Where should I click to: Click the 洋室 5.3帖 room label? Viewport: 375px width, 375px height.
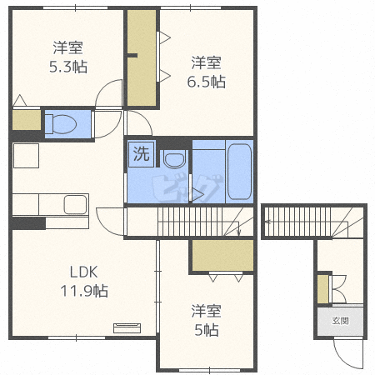click(x=68, y=57)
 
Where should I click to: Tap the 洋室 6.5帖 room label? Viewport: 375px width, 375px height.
click(x=206, y=72)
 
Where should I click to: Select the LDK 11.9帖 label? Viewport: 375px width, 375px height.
click(x=84, y=282)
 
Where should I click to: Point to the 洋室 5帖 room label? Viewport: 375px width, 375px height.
click(x=206, y=320)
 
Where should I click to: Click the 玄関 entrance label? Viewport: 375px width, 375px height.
click(x=340, y=321)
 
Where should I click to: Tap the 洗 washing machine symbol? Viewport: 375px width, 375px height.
click(x=141, y=154)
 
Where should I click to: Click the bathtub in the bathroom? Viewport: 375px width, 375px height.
click(x=239, y=172)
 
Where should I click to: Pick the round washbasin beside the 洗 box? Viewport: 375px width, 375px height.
click(x=174, y=159)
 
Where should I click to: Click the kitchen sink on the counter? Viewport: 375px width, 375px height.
click(x=76, y=205)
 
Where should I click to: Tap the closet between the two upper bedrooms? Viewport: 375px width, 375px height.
click(x=142, y=57)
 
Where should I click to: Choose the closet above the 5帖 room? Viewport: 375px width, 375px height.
click(x=222, y=255)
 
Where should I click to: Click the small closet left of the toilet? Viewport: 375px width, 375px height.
click(x=27, y=120)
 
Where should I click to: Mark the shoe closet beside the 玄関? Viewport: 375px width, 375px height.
click(x=322, y=289)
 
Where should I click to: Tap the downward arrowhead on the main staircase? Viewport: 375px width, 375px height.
click(x=238, y=233)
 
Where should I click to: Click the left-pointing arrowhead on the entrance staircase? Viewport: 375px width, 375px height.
click(x=267, y=222)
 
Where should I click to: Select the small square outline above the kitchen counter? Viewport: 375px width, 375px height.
click(x=26, y=156)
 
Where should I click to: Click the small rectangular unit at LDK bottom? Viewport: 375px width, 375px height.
click(x=127, y=328)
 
